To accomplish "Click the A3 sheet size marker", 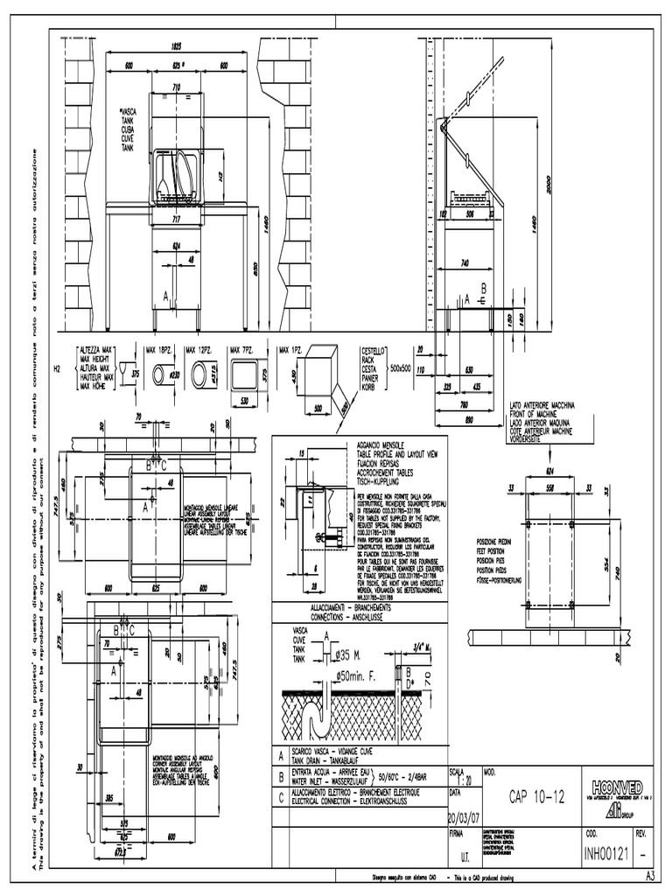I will point(650,876).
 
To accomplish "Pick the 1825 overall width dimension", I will point(177,46).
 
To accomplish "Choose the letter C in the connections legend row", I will point(280,794).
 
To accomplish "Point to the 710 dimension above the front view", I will point(176,87).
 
